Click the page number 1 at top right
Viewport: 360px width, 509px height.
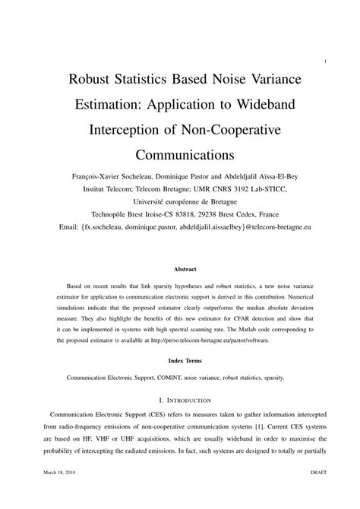pos(325,62)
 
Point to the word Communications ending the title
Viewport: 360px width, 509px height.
pos(180,156)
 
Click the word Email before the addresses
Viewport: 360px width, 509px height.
pos(58,229)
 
